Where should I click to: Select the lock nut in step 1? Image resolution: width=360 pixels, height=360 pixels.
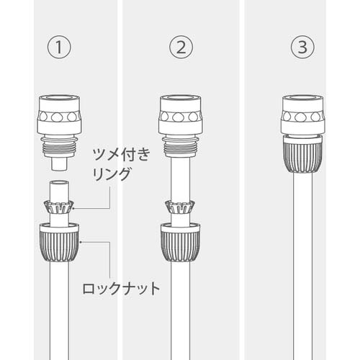click(x=59, y=242)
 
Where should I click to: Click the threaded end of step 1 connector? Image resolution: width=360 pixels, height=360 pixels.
click(x=59, y=149)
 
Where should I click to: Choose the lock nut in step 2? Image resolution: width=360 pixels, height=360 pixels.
click(x=180, y=242)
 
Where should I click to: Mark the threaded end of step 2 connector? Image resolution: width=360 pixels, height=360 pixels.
click(x=180, y=149)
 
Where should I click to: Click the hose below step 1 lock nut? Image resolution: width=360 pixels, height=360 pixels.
click(x=59, y=310)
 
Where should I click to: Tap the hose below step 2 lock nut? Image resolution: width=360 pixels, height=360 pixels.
click(x=180, y=310)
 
